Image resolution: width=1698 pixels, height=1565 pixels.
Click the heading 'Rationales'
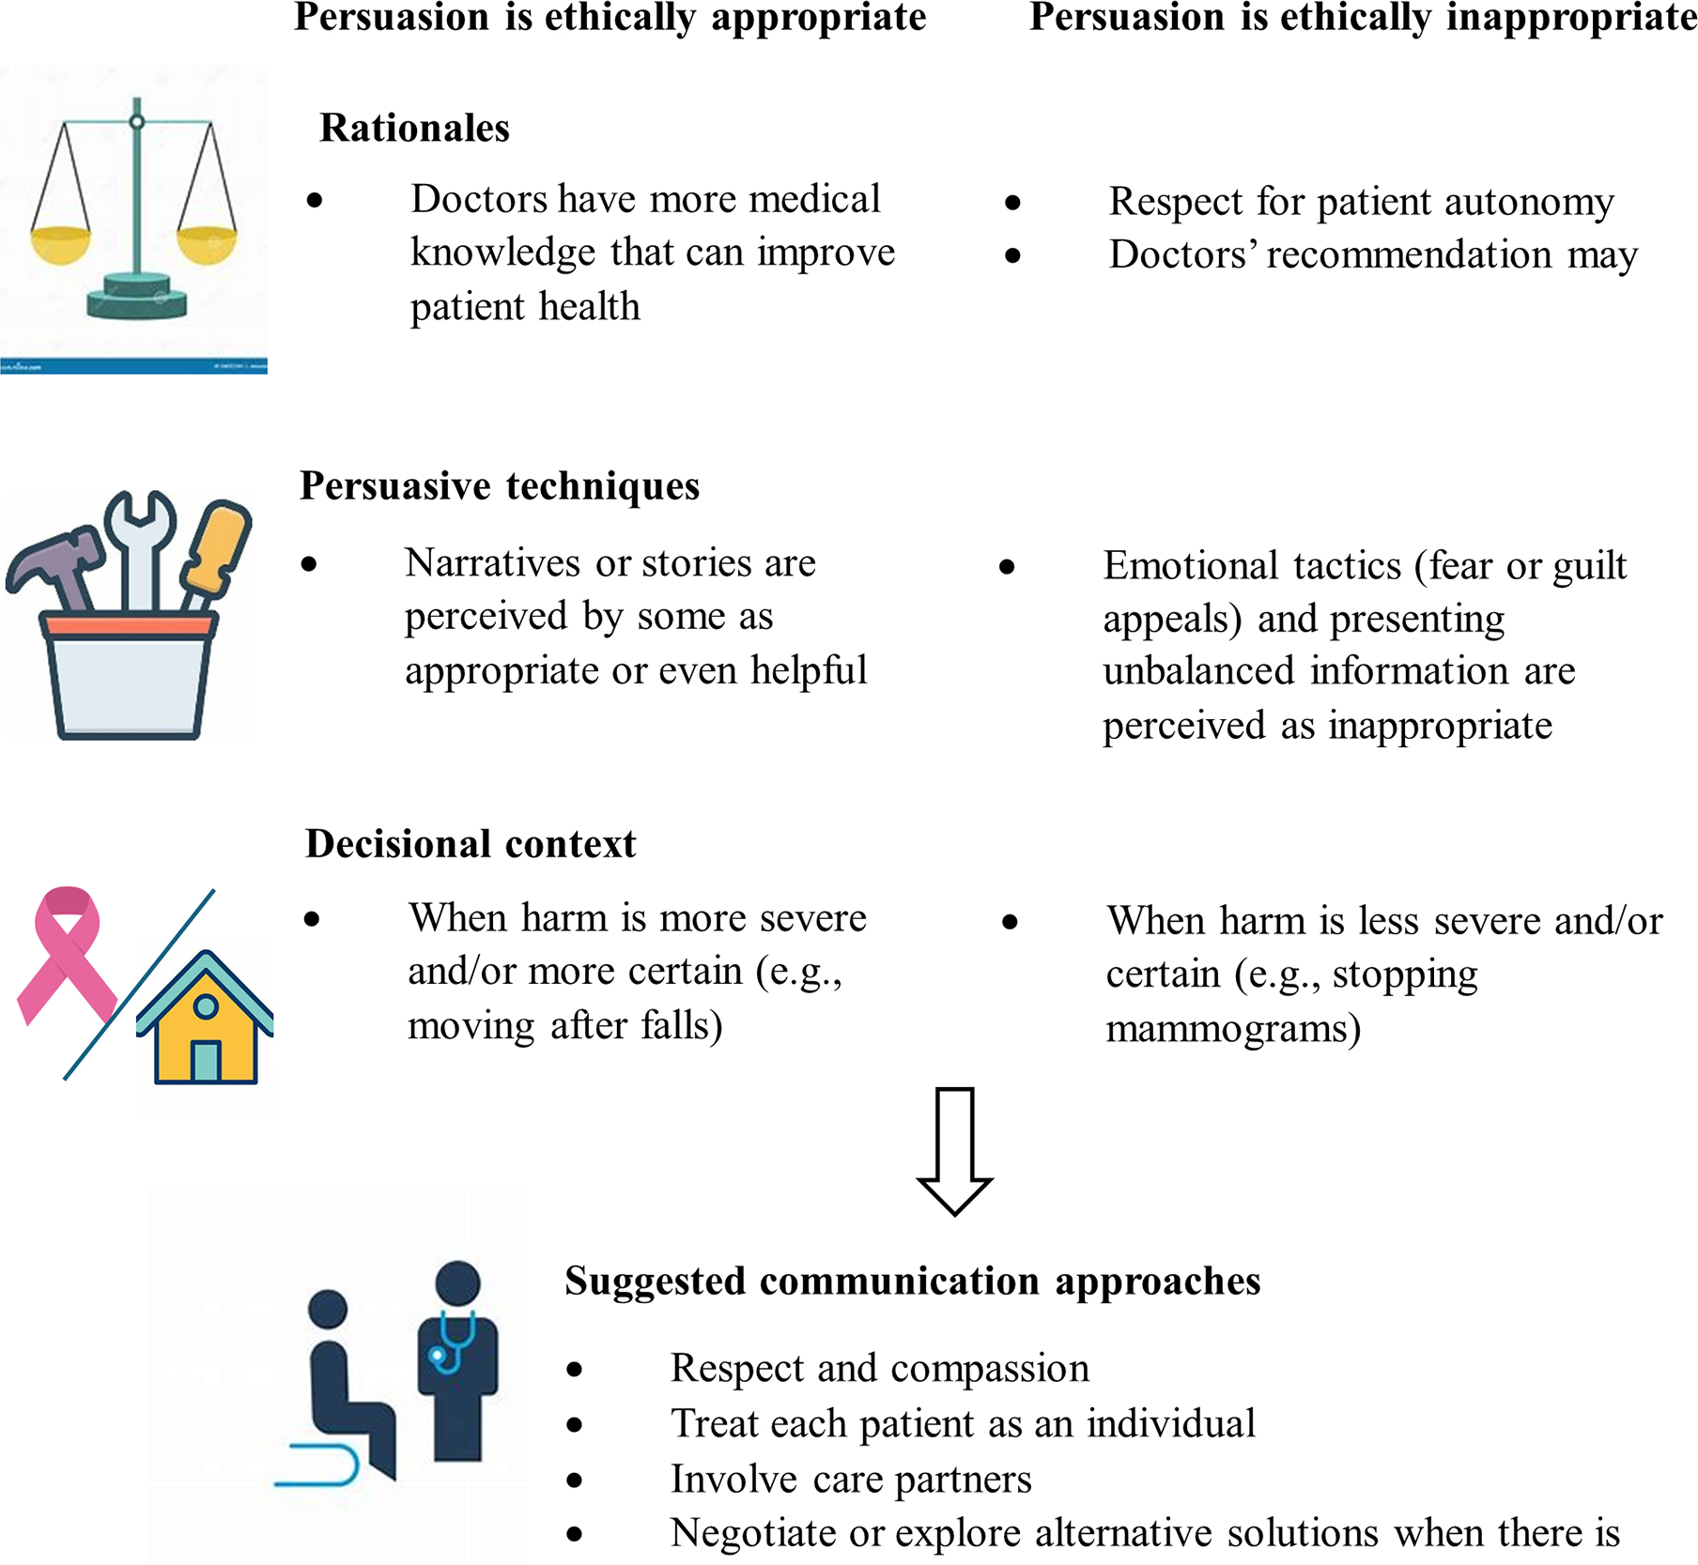click(414, 128)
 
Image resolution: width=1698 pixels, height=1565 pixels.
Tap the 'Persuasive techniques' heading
click(500, 486)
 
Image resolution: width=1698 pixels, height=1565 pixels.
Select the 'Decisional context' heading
click(471, 844)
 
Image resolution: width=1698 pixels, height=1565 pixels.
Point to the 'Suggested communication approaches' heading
click(912, 1281)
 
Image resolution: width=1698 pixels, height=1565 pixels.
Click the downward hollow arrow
click(954, 1150)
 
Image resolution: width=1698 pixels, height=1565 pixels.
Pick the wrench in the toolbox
click(140, 545)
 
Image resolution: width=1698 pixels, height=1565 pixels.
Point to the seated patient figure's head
click(328, 1309)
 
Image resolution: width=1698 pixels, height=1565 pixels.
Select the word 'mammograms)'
click(1233, 1029)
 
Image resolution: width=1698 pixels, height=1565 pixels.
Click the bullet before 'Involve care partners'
click(575, 1481)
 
